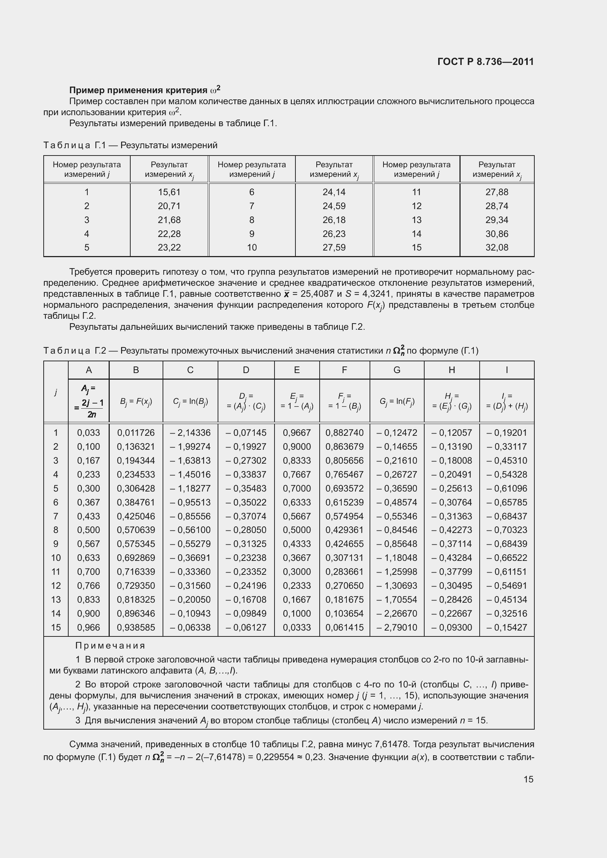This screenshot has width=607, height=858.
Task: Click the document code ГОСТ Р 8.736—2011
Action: [x=485, y=62]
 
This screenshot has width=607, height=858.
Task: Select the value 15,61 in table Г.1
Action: [x=169, y=192]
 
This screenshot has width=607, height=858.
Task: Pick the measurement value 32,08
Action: [x=497, y=247]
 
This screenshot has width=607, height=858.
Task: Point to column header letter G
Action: [x=397, y=370]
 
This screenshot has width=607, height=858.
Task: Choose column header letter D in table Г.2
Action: [x=246, y=370]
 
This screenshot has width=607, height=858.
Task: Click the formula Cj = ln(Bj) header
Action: [x=190, y=401]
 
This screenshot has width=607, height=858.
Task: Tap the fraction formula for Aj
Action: [x=89, y=401]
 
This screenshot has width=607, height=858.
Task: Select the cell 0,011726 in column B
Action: [x=136, y=433]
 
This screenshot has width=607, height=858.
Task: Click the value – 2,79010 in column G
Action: [x=397, y=627]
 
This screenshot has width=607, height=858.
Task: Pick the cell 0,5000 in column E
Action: [x=297, y=530]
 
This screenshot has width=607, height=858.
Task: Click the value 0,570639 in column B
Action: [x=136, y=530]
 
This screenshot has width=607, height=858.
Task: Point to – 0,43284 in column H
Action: [x=451, y=558]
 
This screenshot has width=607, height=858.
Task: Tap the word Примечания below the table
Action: [x=110, y=646]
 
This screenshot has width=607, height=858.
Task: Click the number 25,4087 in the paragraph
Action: [x=317, y=294]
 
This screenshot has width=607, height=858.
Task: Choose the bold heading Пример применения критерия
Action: [x=138, y=91]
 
